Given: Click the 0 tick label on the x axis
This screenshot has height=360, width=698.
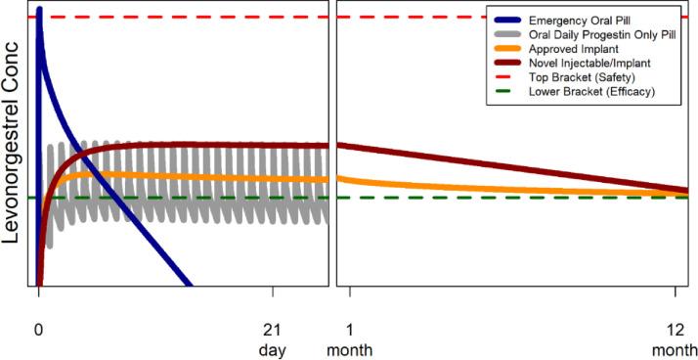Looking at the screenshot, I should point(39,330).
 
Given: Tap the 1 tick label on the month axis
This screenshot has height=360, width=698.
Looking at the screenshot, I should point(350,330).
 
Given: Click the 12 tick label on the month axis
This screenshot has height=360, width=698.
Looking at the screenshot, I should point(675,330).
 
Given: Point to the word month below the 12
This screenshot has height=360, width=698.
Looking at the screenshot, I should point(675,348).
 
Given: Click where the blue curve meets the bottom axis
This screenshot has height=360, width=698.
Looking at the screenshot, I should point(190,285).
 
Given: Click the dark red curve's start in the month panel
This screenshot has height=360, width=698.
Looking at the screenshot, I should point(339,145).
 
